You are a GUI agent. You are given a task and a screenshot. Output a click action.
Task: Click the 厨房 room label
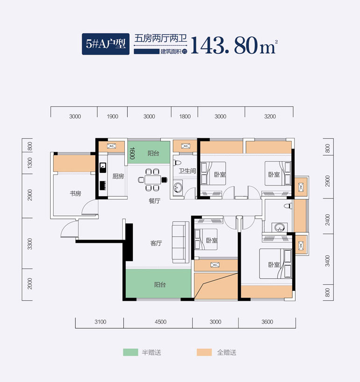click(118, 177)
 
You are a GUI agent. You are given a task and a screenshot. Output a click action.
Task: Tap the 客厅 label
click(156, 243)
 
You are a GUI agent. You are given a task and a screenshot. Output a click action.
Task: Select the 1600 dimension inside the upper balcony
click(132, 153)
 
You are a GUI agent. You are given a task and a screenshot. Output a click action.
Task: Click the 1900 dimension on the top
click(112, 117)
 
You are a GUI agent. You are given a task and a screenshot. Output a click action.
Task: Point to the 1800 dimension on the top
click(185, 117)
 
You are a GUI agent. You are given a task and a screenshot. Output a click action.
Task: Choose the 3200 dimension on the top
click(270, 117)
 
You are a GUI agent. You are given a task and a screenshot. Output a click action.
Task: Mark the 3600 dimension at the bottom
click(267, 322)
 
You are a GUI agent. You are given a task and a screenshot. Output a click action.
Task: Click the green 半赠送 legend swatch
click(130, 352)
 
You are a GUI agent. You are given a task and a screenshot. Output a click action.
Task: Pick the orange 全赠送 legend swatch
click(204, 352)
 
